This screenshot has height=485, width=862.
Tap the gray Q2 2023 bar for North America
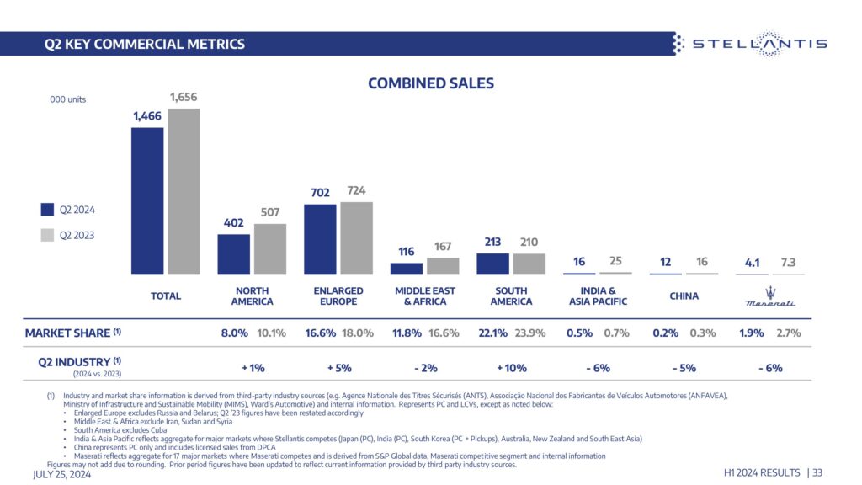(x=270, y=249)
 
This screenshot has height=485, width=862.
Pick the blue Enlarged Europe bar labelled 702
(x=320, y=239)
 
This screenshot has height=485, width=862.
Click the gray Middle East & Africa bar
(x=443, y=266)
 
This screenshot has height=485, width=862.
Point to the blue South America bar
(x=493, y=264)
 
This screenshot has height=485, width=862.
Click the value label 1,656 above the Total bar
(x=184, y=98)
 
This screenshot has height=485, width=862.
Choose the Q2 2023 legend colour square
(x=47, y=235)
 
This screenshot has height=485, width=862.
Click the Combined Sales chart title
(x=431, y=83)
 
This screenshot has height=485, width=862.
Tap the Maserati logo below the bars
(x=770, y=296)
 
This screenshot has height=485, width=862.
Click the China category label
(x=684, y=296)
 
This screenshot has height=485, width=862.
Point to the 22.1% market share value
(x=492, y=333)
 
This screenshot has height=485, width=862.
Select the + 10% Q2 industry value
(x=511, y=367)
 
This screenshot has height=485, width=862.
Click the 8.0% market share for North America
(x=234, y=333)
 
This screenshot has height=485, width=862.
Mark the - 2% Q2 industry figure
(x=425, y=367)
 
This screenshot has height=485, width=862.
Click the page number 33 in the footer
(x=817, y=474)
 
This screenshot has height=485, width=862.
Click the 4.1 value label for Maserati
(x=752, y=263)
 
